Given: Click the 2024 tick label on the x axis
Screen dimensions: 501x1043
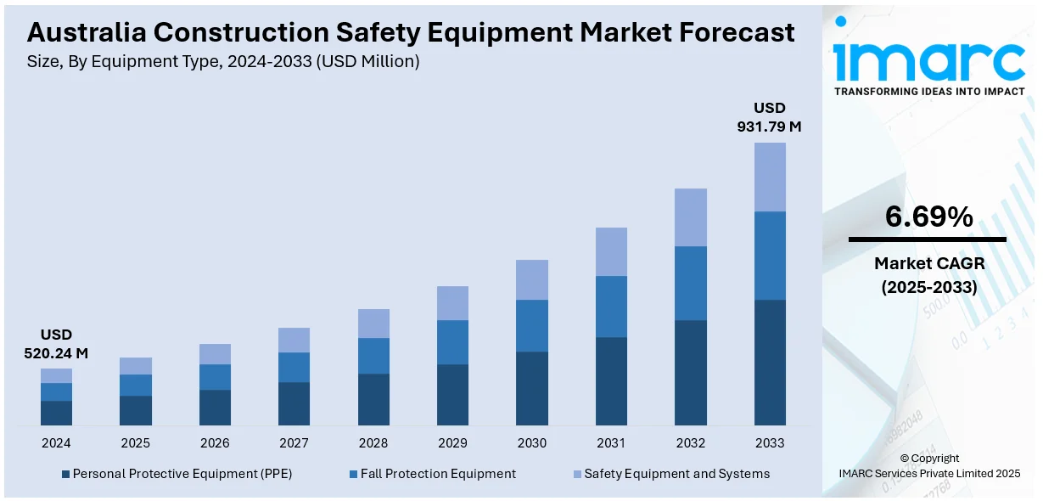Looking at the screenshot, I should (56, 443).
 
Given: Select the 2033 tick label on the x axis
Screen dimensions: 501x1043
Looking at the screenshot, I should (770, 443).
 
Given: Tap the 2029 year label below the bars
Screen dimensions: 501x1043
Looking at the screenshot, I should (452, 443).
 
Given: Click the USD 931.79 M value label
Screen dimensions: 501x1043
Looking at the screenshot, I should (769, 117).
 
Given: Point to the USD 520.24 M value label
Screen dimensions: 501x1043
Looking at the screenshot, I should (56, 344).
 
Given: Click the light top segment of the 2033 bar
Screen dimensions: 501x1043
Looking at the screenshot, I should (770, 177).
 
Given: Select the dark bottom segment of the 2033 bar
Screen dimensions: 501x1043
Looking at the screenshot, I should (770, 362).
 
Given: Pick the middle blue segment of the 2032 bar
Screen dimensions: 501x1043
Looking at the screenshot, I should (691, 283).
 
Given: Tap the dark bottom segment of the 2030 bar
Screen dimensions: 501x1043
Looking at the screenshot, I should (532, 388).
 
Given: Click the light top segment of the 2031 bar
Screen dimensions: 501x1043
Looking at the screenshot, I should (611, 251).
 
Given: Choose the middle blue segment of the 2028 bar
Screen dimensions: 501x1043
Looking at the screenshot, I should (373, 356).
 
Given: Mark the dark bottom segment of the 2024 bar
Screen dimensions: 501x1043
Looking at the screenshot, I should (56, 413).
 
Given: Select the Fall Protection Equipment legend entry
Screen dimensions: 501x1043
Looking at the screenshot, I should (432, 474).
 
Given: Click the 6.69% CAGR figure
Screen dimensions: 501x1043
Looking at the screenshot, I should (928, 217).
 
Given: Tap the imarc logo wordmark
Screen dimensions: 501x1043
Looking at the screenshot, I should (928, 58).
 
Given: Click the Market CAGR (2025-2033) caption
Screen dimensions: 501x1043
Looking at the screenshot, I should (928, 275).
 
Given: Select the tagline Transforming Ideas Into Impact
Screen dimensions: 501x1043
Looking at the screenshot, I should (929, 91).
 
